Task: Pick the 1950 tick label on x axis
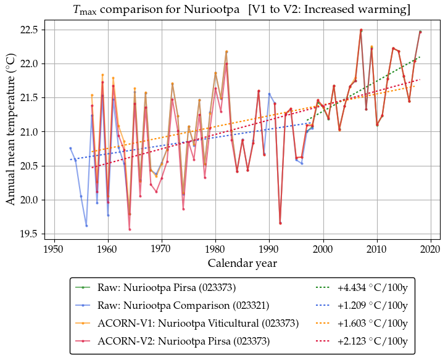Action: [x=54, y=249]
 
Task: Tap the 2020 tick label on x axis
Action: [x=431, y=249]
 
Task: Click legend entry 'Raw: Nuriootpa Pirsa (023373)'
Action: [x=162, y=288]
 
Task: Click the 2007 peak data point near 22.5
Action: [x=361, y=30]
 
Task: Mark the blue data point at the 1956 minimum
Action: [x=86, y=226]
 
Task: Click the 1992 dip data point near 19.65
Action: [x=280, y=223]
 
